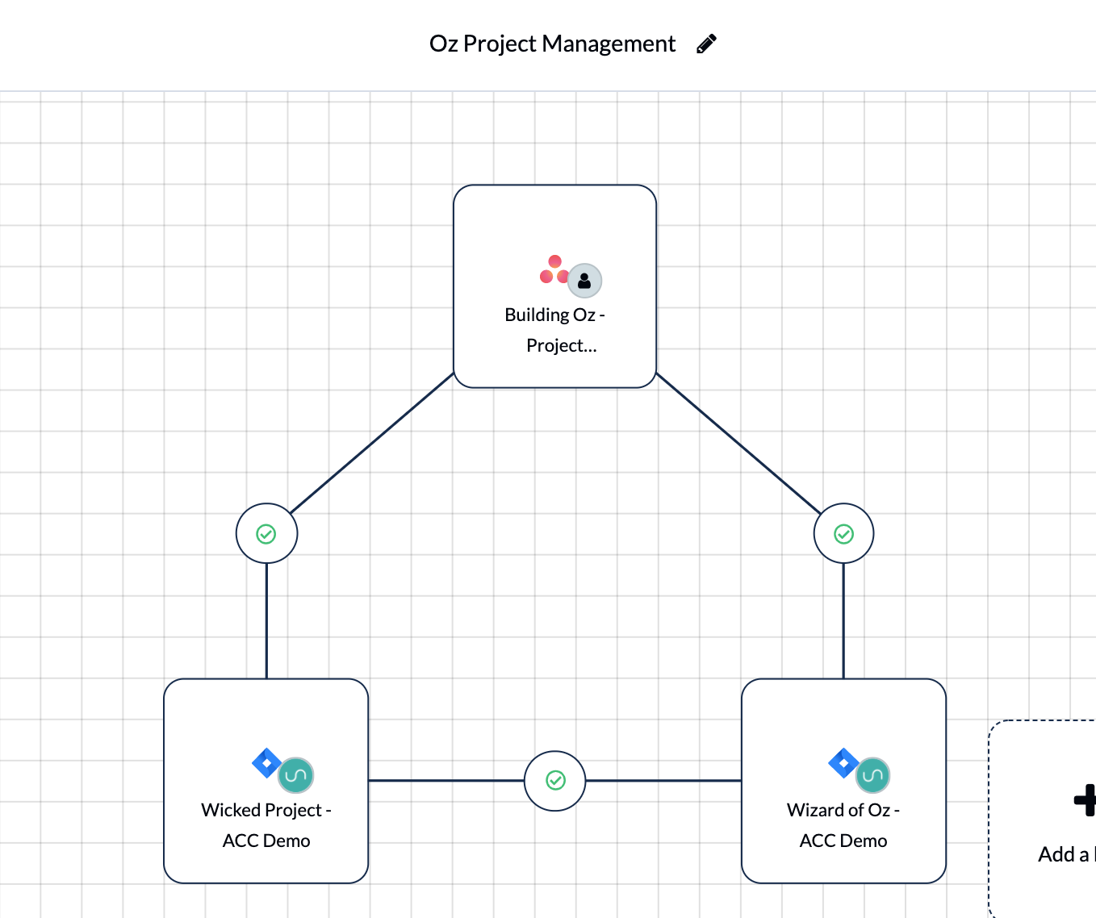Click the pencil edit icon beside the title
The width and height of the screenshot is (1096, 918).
(x=706, y=44)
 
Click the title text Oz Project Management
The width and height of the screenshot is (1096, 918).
(x=552, y=44)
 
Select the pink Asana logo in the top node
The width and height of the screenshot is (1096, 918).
(x=554, y=269)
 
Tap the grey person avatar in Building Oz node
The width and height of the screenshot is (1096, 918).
(x=585, y=281)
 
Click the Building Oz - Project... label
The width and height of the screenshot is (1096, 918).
(x=555, y=330)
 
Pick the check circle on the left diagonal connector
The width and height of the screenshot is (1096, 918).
(x=266, y=534)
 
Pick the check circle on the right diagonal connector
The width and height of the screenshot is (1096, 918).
(x=843, y=534)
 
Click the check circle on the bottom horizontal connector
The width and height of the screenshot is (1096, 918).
(x=554, y=781)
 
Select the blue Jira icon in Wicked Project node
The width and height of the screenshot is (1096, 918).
(x=266, y=763)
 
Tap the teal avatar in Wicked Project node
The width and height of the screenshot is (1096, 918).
(x=296, y=775)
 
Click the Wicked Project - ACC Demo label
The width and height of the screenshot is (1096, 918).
(x=266, y=825)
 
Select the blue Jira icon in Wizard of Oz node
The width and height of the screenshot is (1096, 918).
(x=843, y=763)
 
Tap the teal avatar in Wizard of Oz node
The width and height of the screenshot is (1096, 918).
(x=873, y=775)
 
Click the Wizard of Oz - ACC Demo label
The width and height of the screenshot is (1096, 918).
(x=843, y=825)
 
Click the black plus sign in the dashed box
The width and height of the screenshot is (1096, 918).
(x=1085, y=800)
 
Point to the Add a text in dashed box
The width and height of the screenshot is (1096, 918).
(x=1067, y=854)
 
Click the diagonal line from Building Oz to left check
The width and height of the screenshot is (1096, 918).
(x=371, y=443)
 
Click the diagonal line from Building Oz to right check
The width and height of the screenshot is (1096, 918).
(x=738, y=443)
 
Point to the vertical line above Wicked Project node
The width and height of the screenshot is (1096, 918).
(x=266, y=621)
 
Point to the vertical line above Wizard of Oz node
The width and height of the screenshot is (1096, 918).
(x=843, y=621)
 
